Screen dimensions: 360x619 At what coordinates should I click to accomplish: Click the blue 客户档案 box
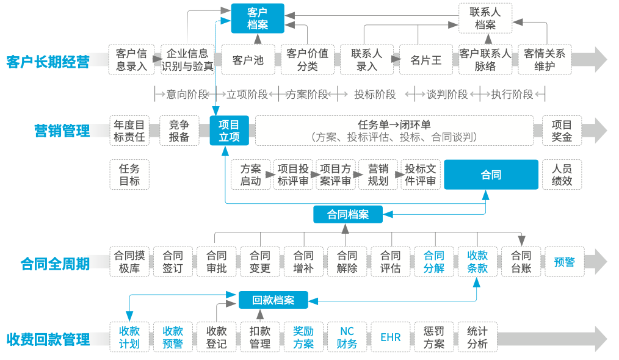[x=258, y=18]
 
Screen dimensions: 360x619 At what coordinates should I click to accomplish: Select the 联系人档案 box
[x=485, y=18]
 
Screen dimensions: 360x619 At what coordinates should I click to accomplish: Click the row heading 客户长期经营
[x=48, y=62]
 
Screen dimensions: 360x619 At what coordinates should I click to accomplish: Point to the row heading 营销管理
[x=62, y=131]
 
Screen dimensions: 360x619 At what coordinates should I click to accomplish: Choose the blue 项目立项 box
[x=229, y=131]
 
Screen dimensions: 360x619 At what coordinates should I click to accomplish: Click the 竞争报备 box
[x=179, y=131]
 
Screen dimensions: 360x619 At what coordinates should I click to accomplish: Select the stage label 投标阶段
[x=375, y=95]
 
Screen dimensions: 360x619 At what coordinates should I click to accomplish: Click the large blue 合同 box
[x=491, y=175]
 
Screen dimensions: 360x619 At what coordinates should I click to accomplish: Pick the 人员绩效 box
[x=562, y=175]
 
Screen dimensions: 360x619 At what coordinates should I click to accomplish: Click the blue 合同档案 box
[x=348, y=214]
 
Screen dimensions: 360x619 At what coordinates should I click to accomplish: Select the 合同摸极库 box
[x=130, y=262]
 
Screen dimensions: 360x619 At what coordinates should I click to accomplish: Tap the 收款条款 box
[x=477, y=262]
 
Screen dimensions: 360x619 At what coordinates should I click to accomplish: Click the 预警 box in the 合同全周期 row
[x=564, y=262]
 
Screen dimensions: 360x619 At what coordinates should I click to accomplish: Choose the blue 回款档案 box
[x=273, y=300]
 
